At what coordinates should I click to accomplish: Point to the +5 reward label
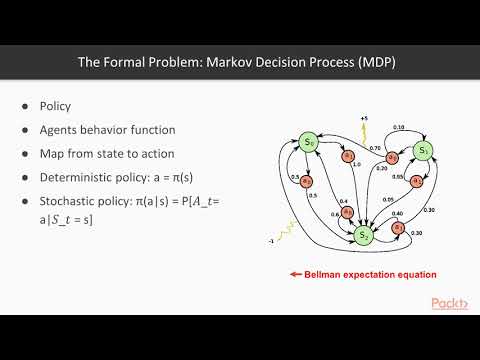(x=365, y=119)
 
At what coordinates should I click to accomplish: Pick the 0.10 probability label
(x=400, y=128)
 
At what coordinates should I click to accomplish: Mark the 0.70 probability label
(x=375, y=148)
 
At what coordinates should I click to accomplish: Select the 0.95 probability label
(x=398, y=177)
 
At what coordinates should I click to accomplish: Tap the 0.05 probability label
(x=387, y=199)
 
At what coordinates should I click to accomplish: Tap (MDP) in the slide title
(x=376, y=63)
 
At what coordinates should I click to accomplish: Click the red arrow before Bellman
(x=296, y=274)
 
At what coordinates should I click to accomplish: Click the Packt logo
(x=451, y=304)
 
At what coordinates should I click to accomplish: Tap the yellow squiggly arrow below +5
(x=367, y=133)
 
